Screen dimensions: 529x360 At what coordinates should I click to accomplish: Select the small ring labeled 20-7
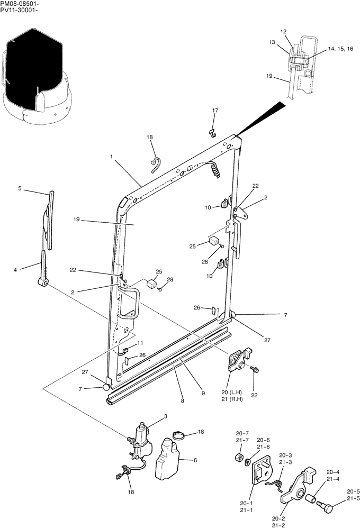(239, 457)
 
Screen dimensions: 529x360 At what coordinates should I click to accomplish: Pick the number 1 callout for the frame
(112, 157)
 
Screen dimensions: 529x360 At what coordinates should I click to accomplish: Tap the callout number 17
(215, 111)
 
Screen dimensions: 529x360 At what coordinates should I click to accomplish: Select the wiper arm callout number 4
(15, 270)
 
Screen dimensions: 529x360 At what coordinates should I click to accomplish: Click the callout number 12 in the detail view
(283, 32)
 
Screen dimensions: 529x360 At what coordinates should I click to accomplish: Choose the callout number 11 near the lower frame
(140, 343)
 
